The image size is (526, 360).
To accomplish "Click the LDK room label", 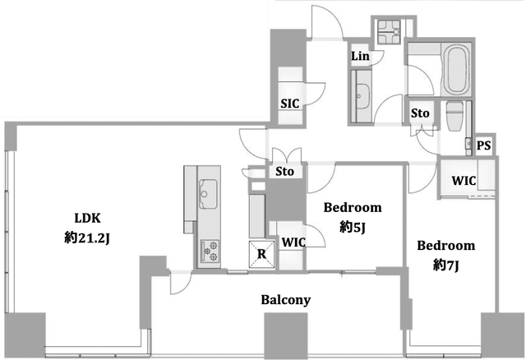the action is pos(87,218).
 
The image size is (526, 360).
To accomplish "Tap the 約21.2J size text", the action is pos(87,238).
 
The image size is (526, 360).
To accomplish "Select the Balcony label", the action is pos(286,300).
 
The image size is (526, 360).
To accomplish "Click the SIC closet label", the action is pos(290,104).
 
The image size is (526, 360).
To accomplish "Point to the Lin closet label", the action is pos(360,56).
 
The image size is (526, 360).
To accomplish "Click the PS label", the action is pos(484,145).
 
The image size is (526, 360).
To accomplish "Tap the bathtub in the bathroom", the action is pos(456,70).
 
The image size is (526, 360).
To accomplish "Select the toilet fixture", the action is pos(454,116).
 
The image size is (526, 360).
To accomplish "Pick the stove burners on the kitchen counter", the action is pos(210,252).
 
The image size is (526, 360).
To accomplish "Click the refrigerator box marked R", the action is pos(261,254).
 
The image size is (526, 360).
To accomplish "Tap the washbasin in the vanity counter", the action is pos(362,96).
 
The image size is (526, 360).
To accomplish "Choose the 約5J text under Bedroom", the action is pos(353,228).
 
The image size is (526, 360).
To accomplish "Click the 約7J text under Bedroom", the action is pos(445,265).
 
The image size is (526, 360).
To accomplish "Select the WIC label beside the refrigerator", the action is pos(293,242).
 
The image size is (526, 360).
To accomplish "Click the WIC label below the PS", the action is pos(464,181).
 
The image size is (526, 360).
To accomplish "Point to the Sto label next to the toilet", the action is pos(420,113).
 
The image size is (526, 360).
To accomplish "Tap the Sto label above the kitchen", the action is pos(284,172).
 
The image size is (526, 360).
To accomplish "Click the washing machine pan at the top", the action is pos(389,32).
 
